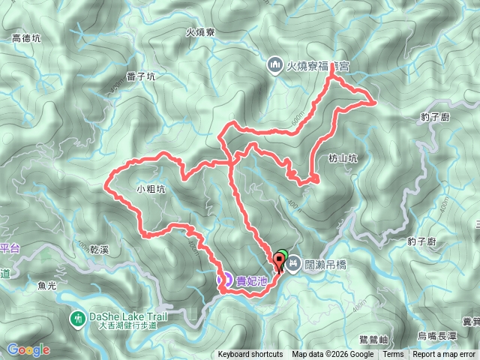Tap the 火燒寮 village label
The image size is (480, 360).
[200, 32]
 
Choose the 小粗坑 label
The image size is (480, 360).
[151, 190]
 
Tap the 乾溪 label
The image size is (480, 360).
[100, 247]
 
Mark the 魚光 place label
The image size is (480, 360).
[46, 284]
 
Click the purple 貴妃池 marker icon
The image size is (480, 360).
[223, 279]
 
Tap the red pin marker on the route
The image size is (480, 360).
[281, 262]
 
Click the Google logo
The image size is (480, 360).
[28, 349]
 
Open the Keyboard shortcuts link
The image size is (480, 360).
[250, 355]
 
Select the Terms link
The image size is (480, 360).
[393, 355]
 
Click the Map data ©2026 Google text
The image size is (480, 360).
[333, 355]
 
